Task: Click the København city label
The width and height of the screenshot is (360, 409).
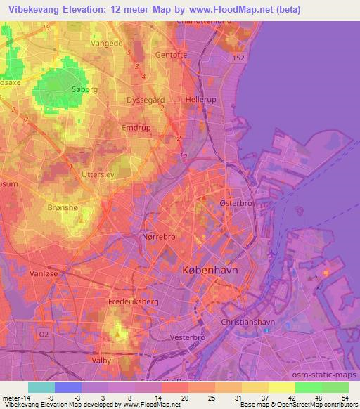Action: pos(210,271)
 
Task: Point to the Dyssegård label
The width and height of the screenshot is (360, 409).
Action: pos(145,100)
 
